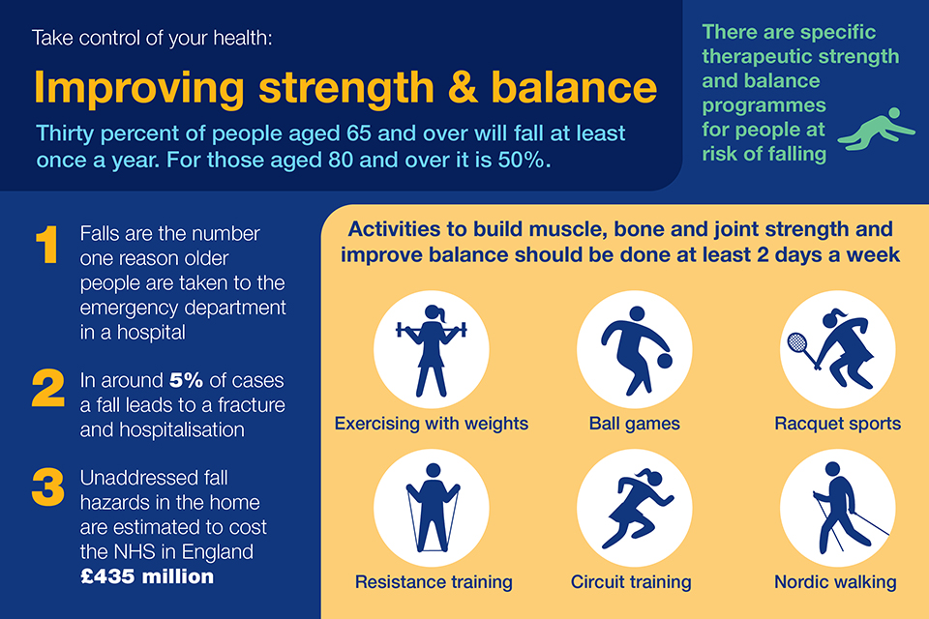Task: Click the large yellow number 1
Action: point(47,244)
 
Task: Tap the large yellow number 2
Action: point(48,388)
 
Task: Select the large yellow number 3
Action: point(48,486)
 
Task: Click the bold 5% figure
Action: point(186,380)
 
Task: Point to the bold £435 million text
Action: point(147,576)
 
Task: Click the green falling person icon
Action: point(877,129)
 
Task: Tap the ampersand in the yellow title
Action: point(463,88)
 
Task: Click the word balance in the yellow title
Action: point(574,88)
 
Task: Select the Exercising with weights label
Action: point(432,424)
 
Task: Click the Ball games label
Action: point(635,424)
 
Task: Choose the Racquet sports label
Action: point(838,424)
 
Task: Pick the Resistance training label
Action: point(434,582)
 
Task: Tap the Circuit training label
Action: point(631,582)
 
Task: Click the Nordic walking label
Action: point(835,582)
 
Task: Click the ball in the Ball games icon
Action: point(665,360)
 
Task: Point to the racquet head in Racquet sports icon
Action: point(796,341)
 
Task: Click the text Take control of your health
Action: point(152,38)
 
